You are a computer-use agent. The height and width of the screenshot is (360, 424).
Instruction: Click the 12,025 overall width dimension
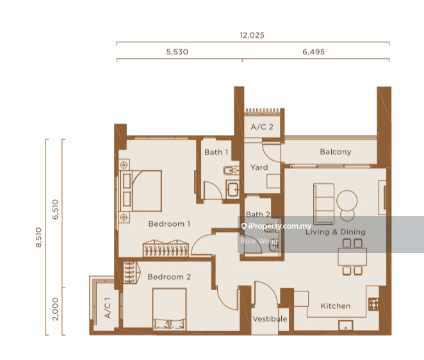[252, 35]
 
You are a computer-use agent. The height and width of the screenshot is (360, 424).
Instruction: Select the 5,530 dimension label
[177, 52]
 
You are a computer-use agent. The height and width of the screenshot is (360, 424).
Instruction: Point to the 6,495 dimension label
[313, 52]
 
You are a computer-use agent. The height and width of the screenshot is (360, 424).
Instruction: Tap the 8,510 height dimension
[39, 237]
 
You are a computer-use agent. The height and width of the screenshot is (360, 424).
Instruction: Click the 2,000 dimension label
[56, 309]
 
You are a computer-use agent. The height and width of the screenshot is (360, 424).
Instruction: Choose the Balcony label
[336, 152]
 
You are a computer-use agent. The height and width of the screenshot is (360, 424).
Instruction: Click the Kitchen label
[336, 306]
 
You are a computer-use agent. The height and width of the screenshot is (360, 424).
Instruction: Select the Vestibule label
[270, 319]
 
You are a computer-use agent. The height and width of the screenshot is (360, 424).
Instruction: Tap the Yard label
[259, 167]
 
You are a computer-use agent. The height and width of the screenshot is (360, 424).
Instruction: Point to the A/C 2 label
[262, 127]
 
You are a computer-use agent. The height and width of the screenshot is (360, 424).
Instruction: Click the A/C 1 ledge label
[108, 308]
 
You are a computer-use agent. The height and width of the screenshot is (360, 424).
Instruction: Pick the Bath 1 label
[216, 152]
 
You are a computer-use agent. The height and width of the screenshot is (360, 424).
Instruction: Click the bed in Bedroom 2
[169, 309]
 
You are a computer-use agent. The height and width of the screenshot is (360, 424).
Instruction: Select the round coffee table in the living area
[347, 200]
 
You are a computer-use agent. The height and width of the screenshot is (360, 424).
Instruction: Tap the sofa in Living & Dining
[323, 204]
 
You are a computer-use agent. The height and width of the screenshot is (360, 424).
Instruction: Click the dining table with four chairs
[352, 257]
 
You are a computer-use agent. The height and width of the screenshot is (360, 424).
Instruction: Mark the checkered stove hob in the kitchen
[373, 304]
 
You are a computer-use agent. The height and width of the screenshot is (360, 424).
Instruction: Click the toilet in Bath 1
[231, 170]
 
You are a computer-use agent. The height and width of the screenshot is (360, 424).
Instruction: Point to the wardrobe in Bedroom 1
[165, 249]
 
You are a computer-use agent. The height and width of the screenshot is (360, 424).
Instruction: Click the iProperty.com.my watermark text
[280, 226]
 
